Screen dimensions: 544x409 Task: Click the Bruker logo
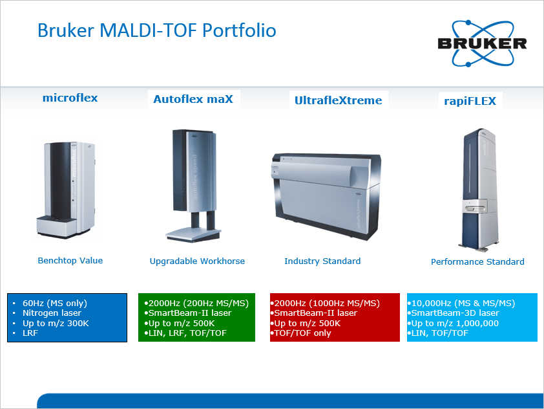pos(482,43)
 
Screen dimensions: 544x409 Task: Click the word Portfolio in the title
pos(239,30)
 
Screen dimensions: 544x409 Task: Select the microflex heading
pos(70,98)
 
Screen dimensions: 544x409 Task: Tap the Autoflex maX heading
pos(193,100)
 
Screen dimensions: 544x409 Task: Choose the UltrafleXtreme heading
pos(339,100)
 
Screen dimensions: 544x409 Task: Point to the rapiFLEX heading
pos(470,101)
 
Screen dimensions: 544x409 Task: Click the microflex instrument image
pos(66,190)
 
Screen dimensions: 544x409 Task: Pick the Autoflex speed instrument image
pos(193,186)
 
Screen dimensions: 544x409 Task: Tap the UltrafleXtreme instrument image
pos(326,196)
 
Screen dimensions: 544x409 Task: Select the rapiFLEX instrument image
pos(481,190)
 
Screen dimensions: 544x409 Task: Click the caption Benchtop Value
pos(70,261)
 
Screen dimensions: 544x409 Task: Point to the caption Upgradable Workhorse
pos(197,261)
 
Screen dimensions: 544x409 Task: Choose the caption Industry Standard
pos(322,261)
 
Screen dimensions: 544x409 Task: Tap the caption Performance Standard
pos(477,261)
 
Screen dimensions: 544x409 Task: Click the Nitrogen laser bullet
pos(52,313)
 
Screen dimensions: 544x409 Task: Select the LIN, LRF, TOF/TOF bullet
pos(185,333)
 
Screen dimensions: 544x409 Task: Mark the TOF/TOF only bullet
pos(300,333)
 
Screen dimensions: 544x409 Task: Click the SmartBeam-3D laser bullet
pos(453,313)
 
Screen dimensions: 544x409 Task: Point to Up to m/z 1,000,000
pos(453,324)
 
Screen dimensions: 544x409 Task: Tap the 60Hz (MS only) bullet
pos(54,304)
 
